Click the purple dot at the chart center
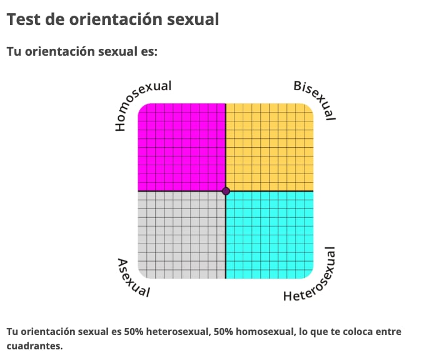(x=226, y=191)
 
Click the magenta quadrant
(x=181, y=147)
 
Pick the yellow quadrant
(x=270, y=147)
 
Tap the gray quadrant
(x=181, y=235)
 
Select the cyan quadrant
(x=270, y=235)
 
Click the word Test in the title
(x=23, y=19)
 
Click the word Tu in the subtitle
(x=14, y=51)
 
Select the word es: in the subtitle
(x=147, y=51)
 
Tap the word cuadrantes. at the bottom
(x=35, y=345)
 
